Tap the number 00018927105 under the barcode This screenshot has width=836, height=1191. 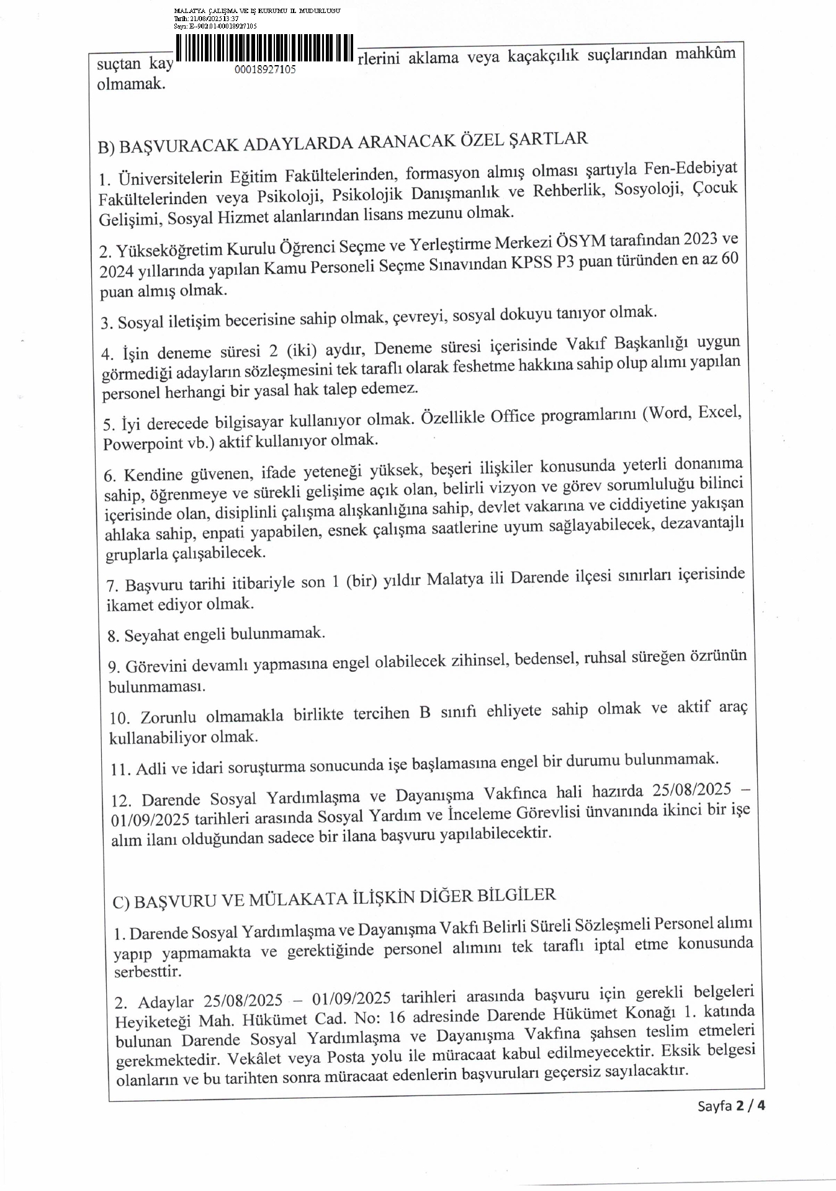265,69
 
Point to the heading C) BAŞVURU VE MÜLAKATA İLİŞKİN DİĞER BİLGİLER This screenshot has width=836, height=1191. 334,898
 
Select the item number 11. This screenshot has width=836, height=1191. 120,770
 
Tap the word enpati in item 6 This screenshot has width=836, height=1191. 232,532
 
